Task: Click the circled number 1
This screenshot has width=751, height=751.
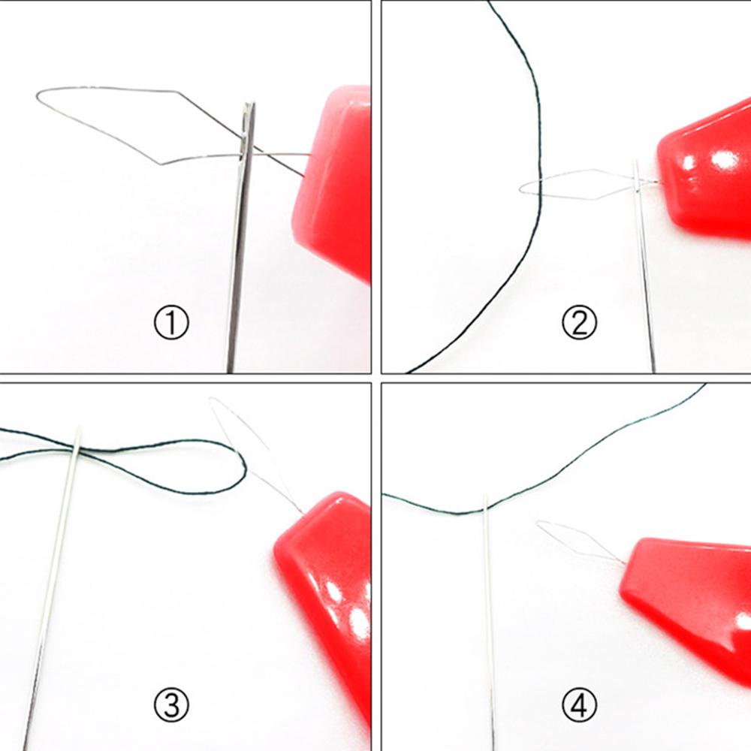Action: (172, 324)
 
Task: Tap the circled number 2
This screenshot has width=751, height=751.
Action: (579, 324)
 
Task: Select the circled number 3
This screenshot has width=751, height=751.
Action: (172, 704)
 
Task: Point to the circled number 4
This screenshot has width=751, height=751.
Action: (579, 704)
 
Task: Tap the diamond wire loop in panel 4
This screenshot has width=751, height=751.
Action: (571, 537)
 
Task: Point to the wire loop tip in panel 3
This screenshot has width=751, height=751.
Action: (212, 400)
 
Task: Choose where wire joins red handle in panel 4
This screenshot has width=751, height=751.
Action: (625, 564)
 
